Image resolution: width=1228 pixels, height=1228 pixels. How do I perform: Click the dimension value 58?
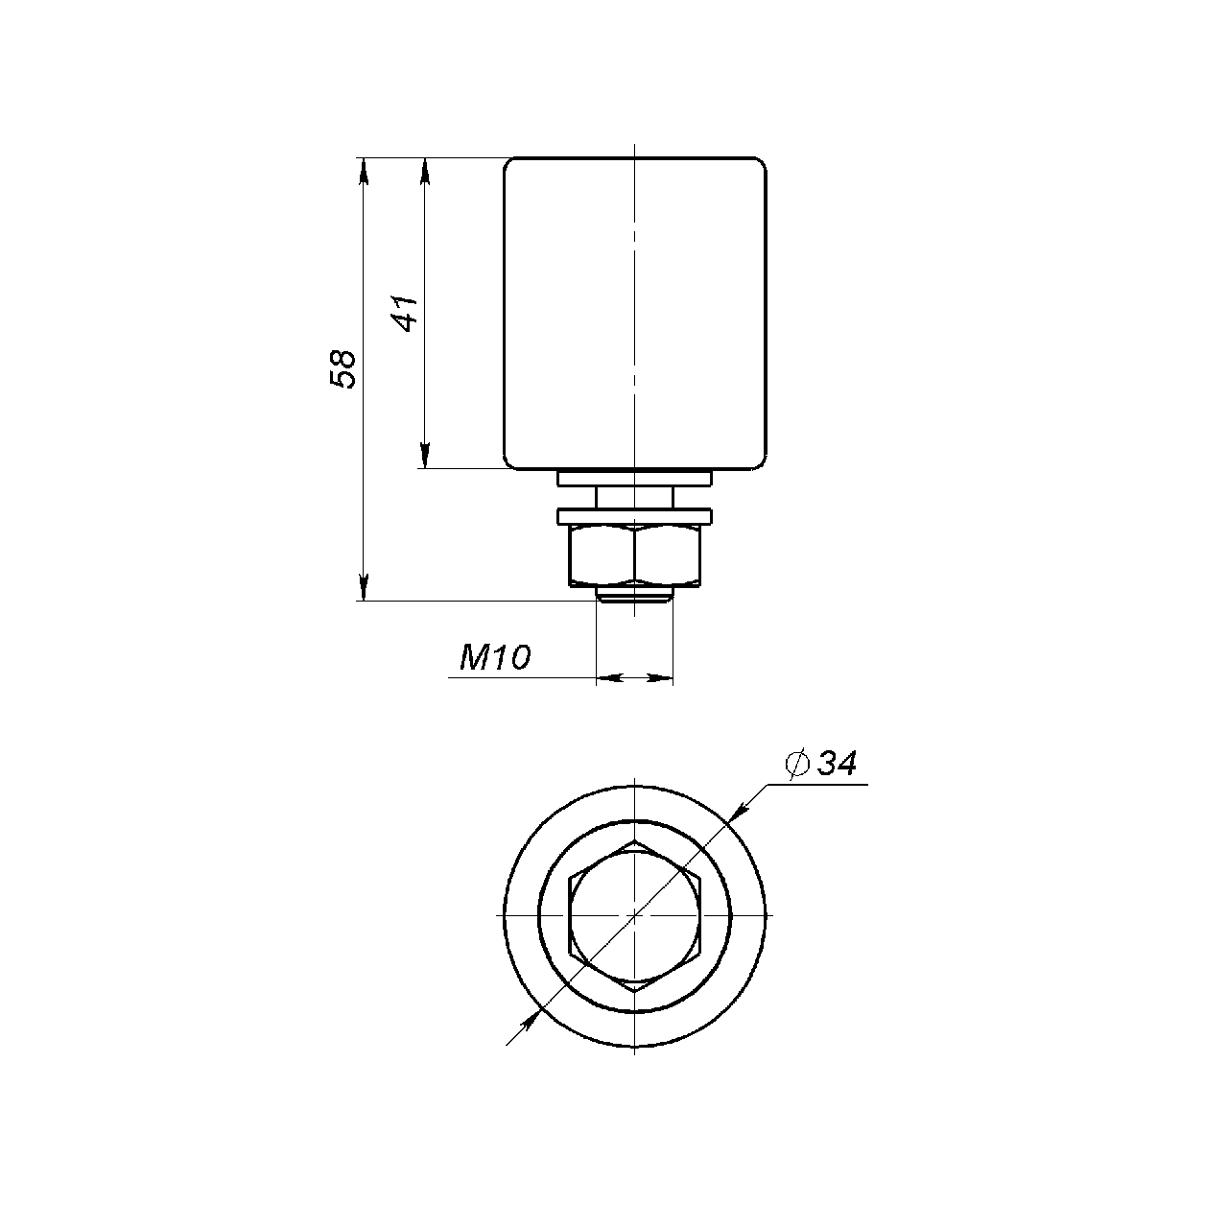point(342,369)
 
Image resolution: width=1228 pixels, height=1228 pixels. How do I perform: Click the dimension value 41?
point(404,313)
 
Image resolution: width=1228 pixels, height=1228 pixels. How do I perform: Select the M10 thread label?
point(495,658)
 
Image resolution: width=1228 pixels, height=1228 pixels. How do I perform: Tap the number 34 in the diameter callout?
point(838,763)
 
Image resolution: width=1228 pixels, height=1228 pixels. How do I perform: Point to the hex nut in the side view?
point(635,555)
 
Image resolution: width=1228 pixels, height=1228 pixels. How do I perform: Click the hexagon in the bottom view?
point(635,916)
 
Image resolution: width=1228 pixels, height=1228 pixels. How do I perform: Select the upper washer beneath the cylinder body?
point(635,479)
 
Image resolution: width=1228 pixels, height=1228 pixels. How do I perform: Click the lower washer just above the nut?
point(635,516)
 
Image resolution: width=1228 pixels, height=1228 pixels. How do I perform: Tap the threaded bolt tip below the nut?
point(635,594)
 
